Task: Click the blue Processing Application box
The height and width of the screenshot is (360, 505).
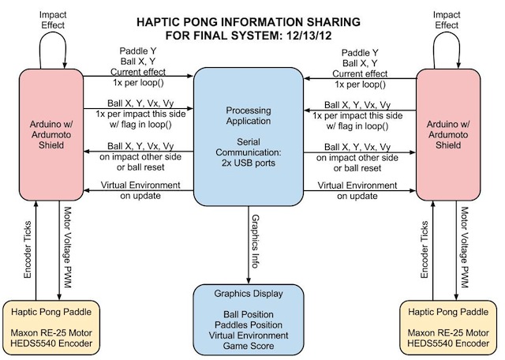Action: coord(249,134)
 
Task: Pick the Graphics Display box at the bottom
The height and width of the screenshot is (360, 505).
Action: coord(249,319)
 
